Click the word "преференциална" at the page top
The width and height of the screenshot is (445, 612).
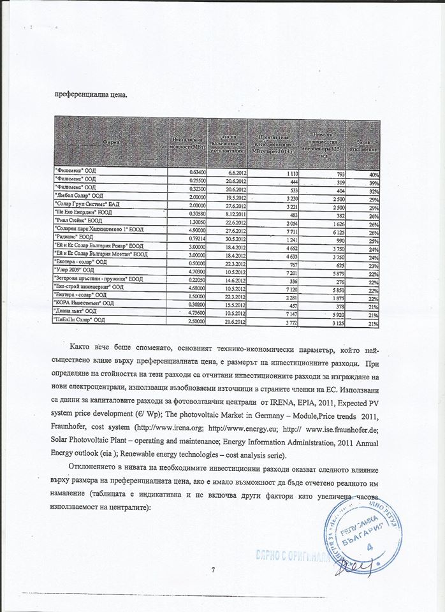[x=78, y=96]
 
